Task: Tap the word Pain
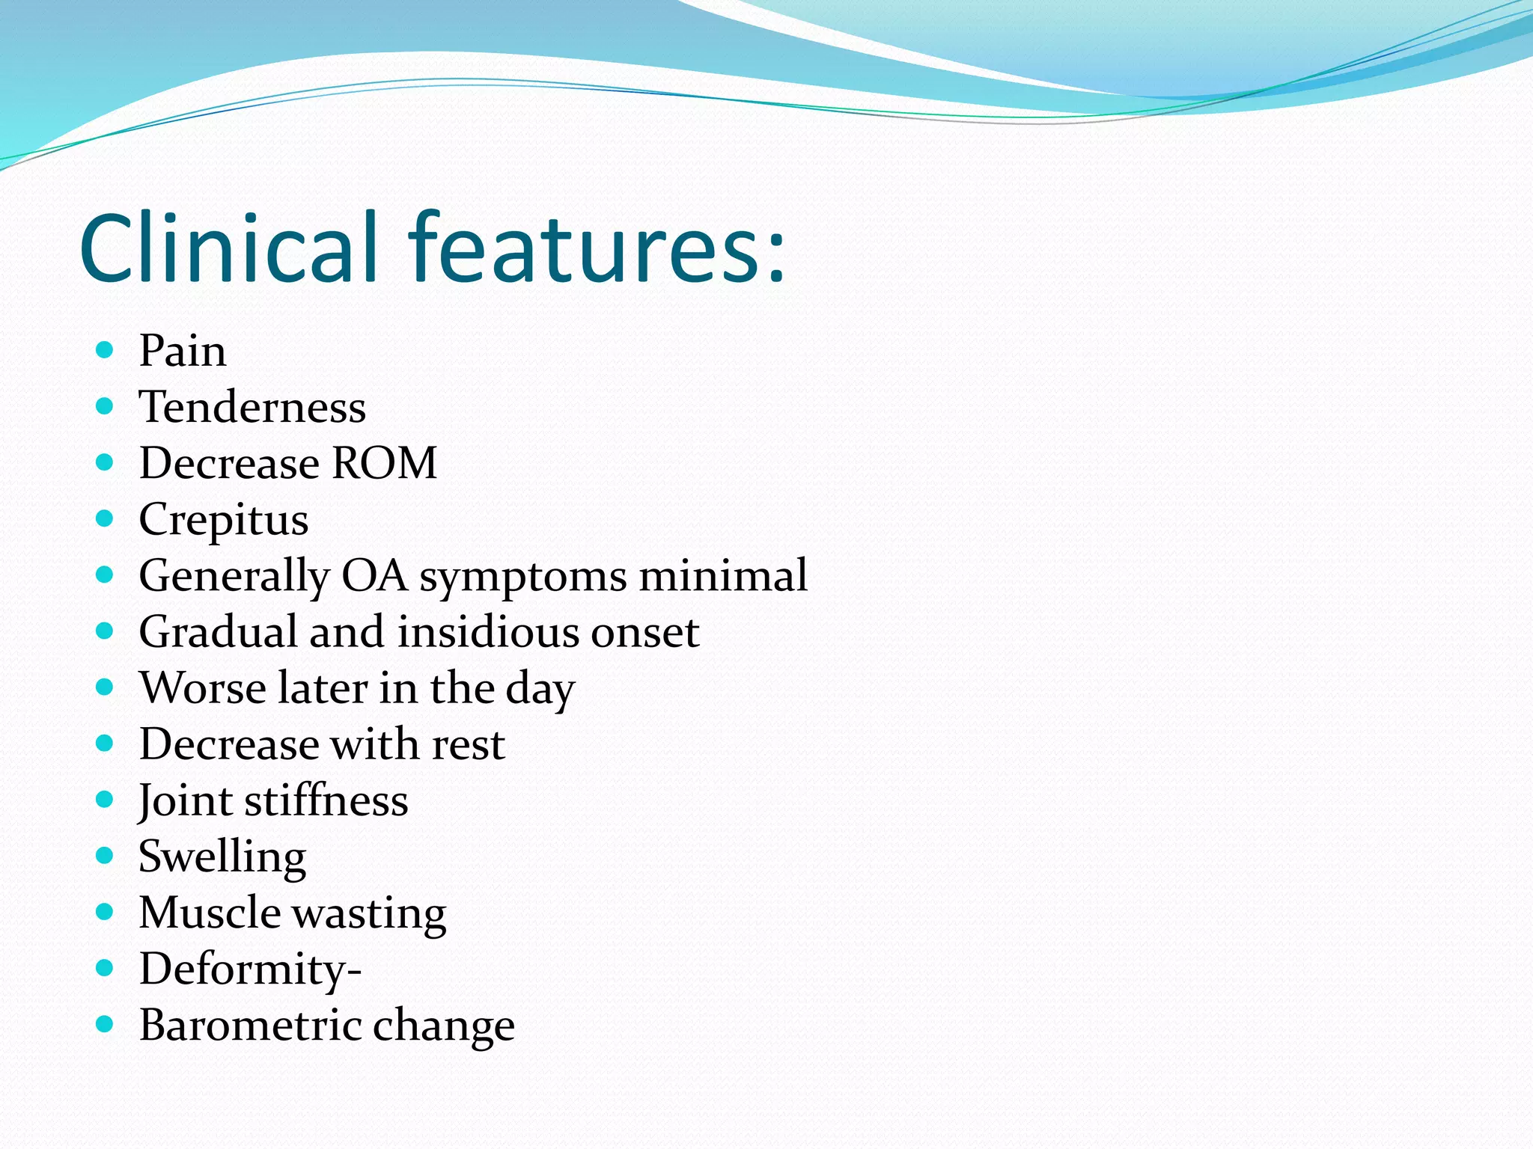click(182, 350)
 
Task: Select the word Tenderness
click(252, 407)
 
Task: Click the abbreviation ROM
click(384, 463)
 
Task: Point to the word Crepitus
click(223, 520)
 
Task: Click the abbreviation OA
click(374, 576)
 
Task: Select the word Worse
click(202, 688)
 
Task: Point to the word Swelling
click(222, 857)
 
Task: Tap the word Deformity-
click(250, 970)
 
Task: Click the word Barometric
click(250, 1026)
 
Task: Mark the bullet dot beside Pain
click(105, 349)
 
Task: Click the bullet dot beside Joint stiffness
click(105, 800)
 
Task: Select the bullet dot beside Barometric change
click(105, 1024)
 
